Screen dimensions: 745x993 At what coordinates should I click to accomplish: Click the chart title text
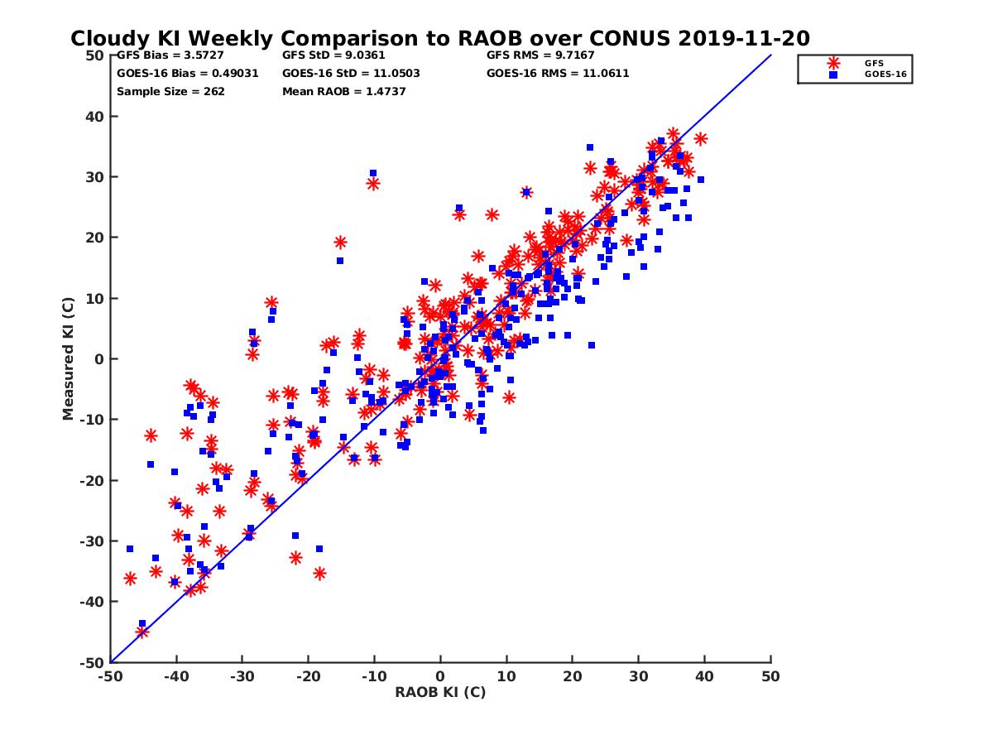click(439, 38)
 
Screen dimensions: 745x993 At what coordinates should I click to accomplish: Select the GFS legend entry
click(873, 63)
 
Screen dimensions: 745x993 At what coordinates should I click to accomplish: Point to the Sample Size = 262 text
click(170, 91)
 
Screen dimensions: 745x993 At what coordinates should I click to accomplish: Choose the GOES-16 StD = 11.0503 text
click(351, 73)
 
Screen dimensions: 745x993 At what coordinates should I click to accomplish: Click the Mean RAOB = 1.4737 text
click(343, 91)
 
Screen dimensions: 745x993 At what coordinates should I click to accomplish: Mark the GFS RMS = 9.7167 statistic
click(540, 55)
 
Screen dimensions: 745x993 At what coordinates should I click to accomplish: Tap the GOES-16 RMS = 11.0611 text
click(558, 73)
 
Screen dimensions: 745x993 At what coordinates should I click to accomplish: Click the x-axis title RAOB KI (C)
click(440, 692)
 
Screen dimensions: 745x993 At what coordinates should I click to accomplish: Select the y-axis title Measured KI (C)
click(69, 358)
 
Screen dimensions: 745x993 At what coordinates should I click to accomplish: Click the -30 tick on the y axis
click(91, 541)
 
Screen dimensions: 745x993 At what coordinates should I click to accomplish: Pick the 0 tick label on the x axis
click(440, 676)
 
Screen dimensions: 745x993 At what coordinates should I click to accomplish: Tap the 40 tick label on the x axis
click(705, 676)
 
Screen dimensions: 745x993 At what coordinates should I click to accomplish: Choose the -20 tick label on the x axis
click(308, 676)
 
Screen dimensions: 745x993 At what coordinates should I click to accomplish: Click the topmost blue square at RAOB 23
click(590, 147)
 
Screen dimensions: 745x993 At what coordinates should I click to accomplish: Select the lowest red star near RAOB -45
click(142, 632)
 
